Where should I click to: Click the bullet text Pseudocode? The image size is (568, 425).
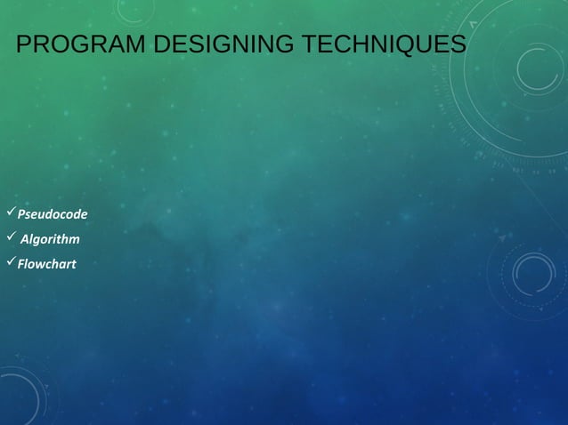tap(53, 214)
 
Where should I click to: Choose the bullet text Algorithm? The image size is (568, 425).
tap(50, 239)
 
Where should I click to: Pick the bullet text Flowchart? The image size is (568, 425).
tap(46, 264)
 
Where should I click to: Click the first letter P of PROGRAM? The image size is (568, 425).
tap(24, 44)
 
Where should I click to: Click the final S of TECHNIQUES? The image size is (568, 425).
tap(458, 44)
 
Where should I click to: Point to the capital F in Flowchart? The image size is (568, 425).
tap(20, 264)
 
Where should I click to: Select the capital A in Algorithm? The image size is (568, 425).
tap(25, 239)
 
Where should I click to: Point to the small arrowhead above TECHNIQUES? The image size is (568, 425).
tap(473, 24)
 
